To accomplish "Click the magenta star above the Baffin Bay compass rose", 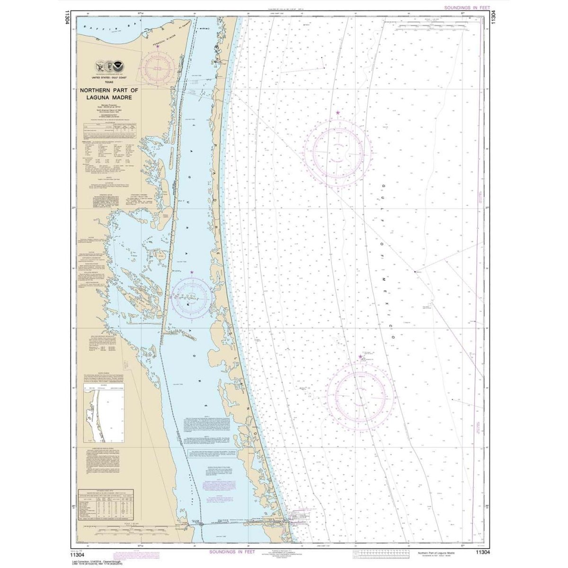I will pos(158,46).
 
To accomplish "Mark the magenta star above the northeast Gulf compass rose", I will pos(337,113).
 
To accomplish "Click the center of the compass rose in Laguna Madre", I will pos(191,297).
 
